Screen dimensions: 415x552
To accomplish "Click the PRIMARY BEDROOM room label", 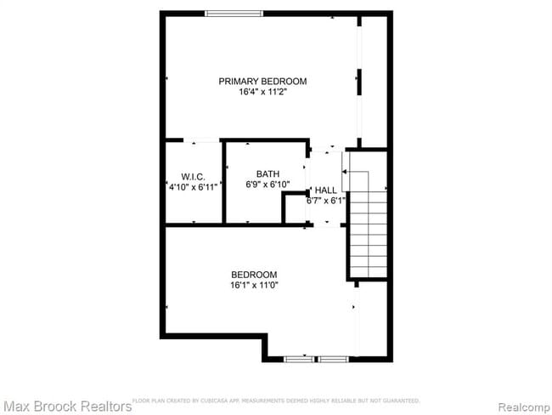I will click(x=262, y=82).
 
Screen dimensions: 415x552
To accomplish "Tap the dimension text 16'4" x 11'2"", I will click(x=262, y=92).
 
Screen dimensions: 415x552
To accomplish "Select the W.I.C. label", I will click(x=194, y=176).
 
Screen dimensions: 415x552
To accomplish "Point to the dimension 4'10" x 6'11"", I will click(x=194, y=186).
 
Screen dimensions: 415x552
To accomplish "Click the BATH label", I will click(x=268, y=174).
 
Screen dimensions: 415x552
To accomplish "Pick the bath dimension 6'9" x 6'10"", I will click(x=268, y=185).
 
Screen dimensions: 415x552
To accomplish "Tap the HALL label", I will click(x=326, y=190).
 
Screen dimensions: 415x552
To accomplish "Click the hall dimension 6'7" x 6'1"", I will click(x=326, y=202).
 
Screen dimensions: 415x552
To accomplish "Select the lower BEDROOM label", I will click(x=254, y=274).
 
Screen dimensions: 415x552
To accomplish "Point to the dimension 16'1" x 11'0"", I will click(x=254, y=285).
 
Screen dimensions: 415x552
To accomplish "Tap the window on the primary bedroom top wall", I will click(x=234, y=14).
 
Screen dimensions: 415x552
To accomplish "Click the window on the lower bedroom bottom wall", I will click(x=317, y=359).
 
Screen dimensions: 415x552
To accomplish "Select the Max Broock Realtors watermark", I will click(x=66, y=406).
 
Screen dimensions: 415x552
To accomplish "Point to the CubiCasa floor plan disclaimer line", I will click(x=276, y=400).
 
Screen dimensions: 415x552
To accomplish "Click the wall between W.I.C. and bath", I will click(x=223, y=182).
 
